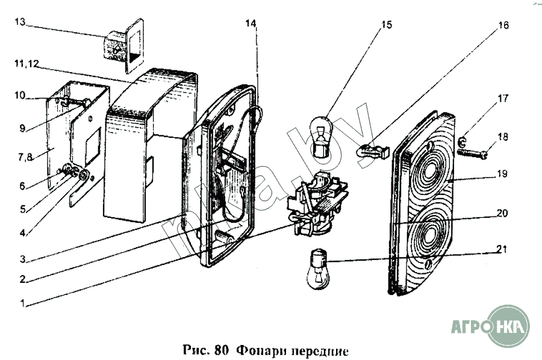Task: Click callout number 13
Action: (20, 22)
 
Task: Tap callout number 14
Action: (251, 24)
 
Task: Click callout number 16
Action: (503, 25)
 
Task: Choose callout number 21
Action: (503, 249)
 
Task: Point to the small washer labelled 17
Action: (462, 142)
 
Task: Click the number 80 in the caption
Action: (222, 349)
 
